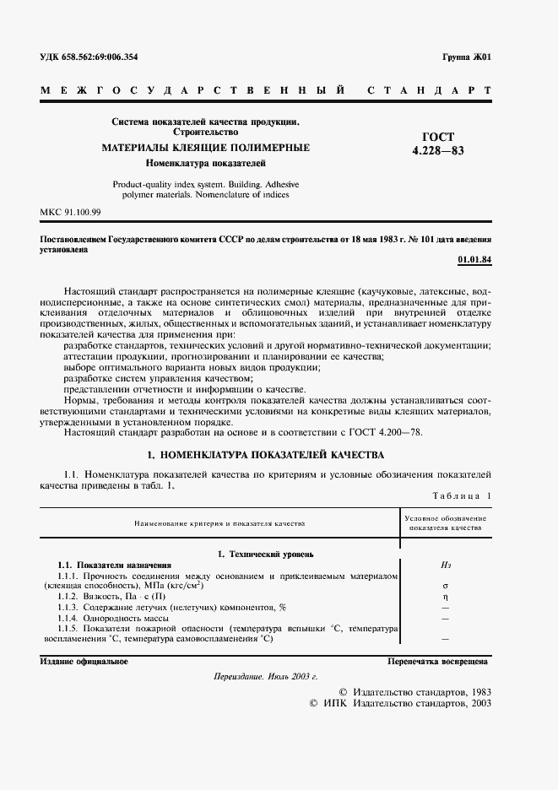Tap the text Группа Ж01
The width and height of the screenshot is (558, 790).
tap(466, 57)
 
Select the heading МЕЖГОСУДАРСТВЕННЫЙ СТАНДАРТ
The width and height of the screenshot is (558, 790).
tap(265, 89)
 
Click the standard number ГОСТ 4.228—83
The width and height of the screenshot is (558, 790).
tap(438, 143)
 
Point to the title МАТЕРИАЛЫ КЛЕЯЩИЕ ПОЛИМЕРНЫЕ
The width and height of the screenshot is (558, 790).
tap(206, 148)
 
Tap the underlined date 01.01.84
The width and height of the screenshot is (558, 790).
tap(474, 259)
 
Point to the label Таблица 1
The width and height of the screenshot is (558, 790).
tap(461, 496)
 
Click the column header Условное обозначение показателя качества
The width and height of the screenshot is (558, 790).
tap(445, 522)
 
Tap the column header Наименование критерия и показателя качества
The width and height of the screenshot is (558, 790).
tap(219, 523)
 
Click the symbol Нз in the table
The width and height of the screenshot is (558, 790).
tap(445, 565)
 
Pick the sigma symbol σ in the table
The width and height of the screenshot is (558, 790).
tap(445, 585)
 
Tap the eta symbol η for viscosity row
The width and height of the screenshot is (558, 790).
tap(445, 596)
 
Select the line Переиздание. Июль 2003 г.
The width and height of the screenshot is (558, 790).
tap(265, 678)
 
